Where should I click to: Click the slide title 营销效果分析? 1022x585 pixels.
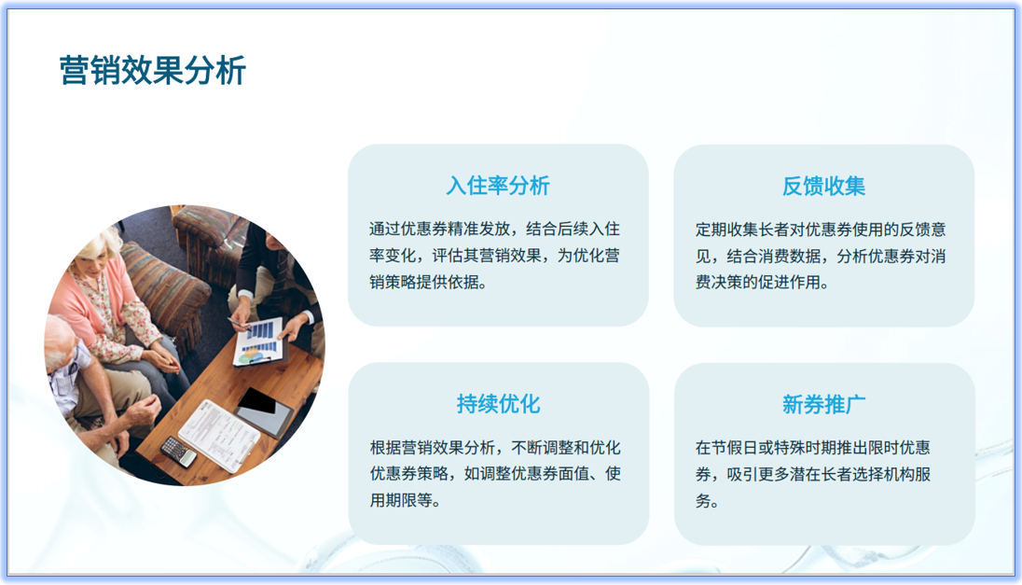click(x=152, y=70)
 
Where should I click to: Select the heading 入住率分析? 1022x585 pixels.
click(x=497, y=185)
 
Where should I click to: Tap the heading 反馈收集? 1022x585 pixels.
click(x=823, y=185)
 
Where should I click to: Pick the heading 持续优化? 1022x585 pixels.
click(x=497, y=403)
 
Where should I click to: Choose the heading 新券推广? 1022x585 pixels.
click(x=823, y=403)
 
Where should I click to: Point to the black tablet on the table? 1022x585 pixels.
click(x=265, y=408)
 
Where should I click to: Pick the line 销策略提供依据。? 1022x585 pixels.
click(x=428, y=282)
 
